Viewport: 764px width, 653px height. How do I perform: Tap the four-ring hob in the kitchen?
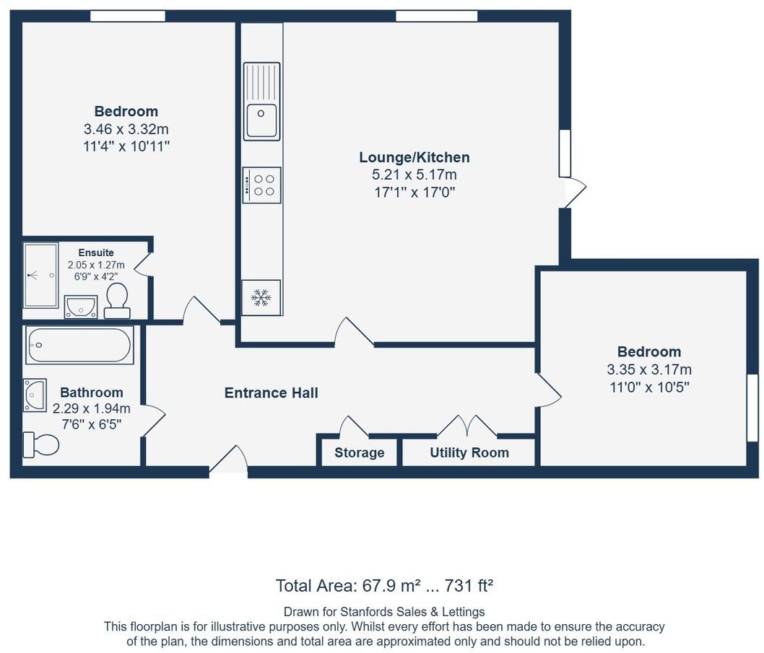pos(261,185)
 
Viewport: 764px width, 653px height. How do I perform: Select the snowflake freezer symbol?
pos(261,297)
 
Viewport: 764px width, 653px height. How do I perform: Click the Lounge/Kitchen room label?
pos(414,157)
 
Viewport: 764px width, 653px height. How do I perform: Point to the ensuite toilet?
pos(117,300)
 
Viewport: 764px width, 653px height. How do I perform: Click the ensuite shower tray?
pos(40,276)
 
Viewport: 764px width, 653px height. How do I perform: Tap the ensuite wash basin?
pos(80,306)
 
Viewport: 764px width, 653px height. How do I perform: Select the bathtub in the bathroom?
pos(79,346)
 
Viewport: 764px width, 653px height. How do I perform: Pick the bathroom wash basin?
pos(35,395)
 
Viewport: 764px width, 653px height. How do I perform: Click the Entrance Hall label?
pos(271,393)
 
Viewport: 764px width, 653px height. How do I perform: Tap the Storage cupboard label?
pos(359,453)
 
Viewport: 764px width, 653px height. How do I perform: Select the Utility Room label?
pos(469,453)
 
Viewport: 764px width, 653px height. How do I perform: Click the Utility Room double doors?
pos(467,426)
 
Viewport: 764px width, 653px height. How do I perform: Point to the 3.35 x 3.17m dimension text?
pos(648,369)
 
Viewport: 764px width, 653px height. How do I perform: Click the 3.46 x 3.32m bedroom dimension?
pos(126,129)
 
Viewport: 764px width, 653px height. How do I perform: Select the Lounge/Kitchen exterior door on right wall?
pos(574,192)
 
